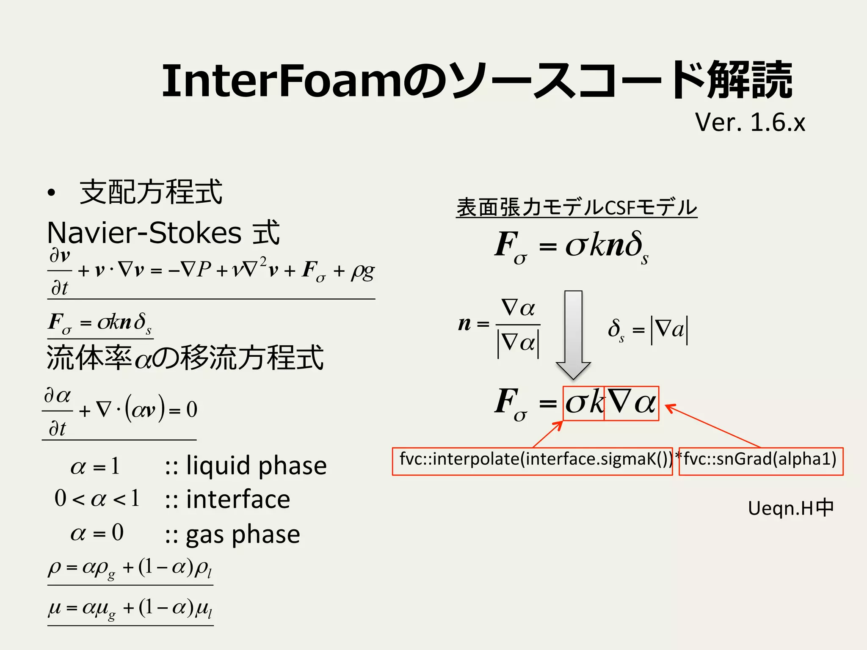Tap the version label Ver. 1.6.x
pyautogui.click(x=750, y=122)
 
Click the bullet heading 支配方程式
pyautogui.click(x=151, y=192)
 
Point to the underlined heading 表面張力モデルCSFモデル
pyautogui.click(x=577, y=207)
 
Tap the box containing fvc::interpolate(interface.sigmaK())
pyautogui.click(x=532, y=461)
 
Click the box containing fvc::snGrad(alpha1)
pyautogui.click(x=761, y=461)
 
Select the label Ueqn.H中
pyautogui.click(x=790, y=508)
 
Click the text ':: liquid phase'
pyautogui.click(x=246, y=465)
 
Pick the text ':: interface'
pyautogui.click(x=227, y=499)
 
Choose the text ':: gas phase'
pyautogui.click(x=232, y=534)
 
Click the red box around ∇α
pyautogui.click(x=631, y=403)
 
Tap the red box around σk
pyautogui.click(x=583, y=403)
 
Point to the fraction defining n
pyautogui.click(x=500, y=325)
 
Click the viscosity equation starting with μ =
pyautogui.click(x=130, y=609)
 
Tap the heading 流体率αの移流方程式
pyautogui.click(x=185, y=358)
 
